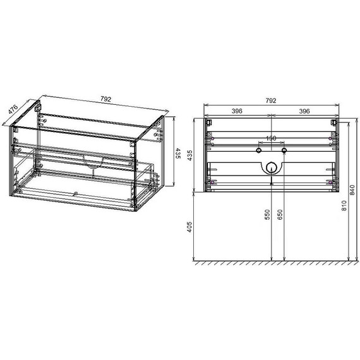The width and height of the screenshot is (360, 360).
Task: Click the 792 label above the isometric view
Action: point(105,99)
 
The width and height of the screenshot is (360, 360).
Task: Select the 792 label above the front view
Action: point(270,100)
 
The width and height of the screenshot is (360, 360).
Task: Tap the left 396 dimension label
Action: point(237,111)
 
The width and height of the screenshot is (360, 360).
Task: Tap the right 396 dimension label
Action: point(303,111)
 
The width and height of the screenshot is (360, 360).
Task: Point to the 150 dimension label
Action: point(270,138)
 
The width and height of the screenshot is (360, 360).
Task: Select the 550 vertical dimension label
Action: point(268,215)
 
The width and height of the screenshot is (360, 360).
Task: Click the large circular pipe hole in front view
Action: point(271,168)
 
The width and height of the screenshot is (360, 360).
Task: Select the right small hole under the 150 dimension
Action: point(284,152)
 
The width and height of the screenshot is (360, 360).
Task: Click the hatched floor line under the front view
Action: point(272,261)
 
